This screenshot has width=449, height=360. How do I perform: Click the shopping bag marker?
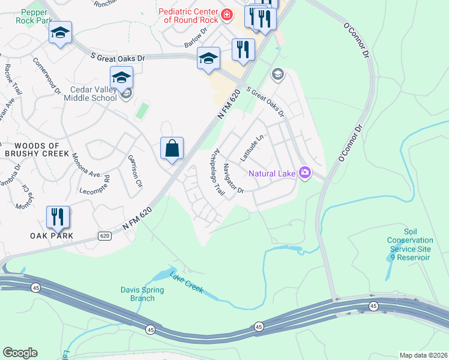click(172, 148)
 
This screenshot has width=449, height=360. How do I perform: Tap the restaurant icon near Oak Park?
click(58, 217)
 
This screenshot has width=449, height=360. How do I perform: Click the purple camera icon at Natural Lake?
click(305, 173)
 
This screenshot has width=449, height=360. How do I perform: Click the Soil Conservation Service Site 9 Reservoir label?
click(409, 244)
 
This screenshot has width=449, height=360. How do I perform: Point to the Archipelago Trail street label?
click(216, 173)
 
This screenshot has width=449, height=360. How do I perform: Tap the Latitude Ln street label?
click(252, 147)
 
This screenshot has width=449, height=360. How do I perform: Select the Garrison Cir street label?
click(134, 170)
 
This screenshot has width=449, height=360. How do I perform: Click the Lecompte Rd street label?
click(96, 185)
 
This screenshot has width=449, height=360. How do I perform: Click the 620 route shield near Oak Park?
click(105, 236)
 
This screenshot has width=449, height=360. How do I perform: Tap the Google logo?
click(20, 353)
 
